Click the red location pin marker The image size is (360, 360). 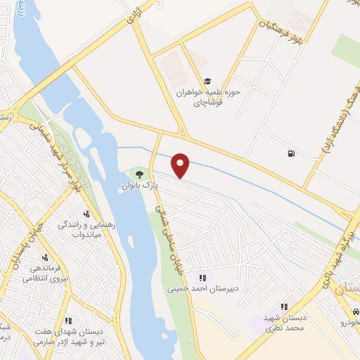[x=181, y=166]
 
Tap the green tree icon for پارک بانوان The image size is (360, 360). [x=139, y=173]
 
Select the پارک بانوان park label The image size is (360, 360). [x=139, y=186]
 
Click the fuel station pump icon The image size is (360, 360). [x=290, y=153]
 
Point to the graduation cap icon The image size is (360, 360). [x=207, y=81]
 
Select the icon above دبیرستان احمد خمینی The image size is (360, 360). [x=202, y=277]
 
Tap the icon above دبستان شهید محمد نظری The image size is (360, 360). [x=285, y=307]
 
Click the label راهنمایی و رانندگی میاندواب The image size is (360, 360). [x=86, y=229]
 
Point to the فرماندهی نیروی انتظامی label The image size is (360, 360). [x=45, y=273]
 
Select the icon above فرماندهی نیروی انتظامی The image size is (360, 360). [x=45, y=257]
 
